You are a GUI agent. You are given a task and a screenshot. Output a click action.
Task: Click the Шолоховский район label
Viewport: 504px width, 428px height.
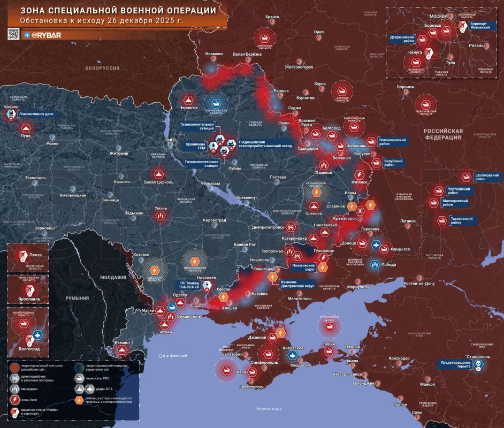(x=487, y=177)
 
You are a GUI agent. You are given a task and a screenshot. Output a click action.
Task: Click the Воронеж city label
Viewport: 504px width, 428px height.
(x=406, y=87)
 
